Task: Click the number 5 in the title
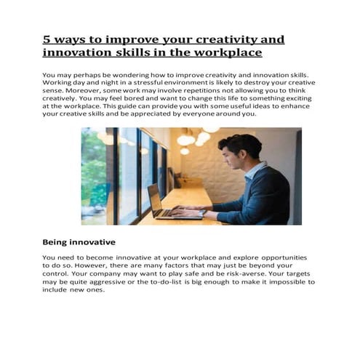point(47,39)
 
